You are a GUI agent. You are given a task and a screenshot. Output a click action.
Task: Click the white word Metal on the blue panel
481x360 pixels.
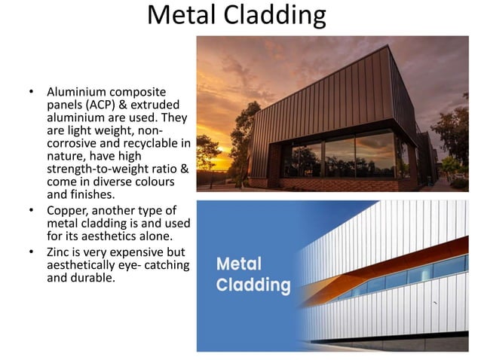[240, 265]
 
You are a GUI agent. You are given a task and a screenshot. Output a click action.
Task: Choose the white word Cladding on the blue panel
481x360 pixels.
[253, 285]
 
